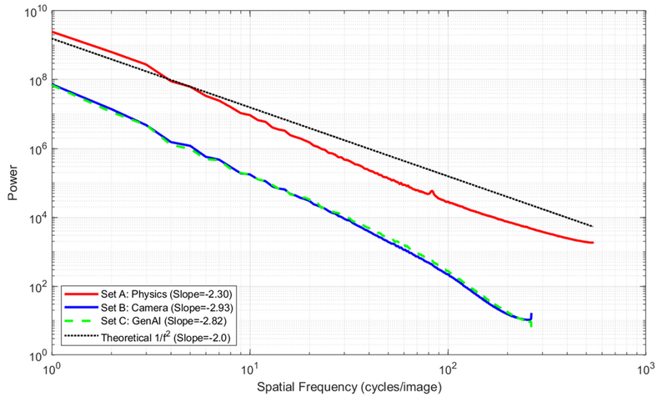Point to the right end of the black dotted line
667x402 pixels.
click(x=592, y=226)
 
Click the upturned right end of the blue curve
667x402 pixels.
click(x=531, y=314)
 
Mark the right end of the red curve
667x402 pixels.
click(x=592, y=243)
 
